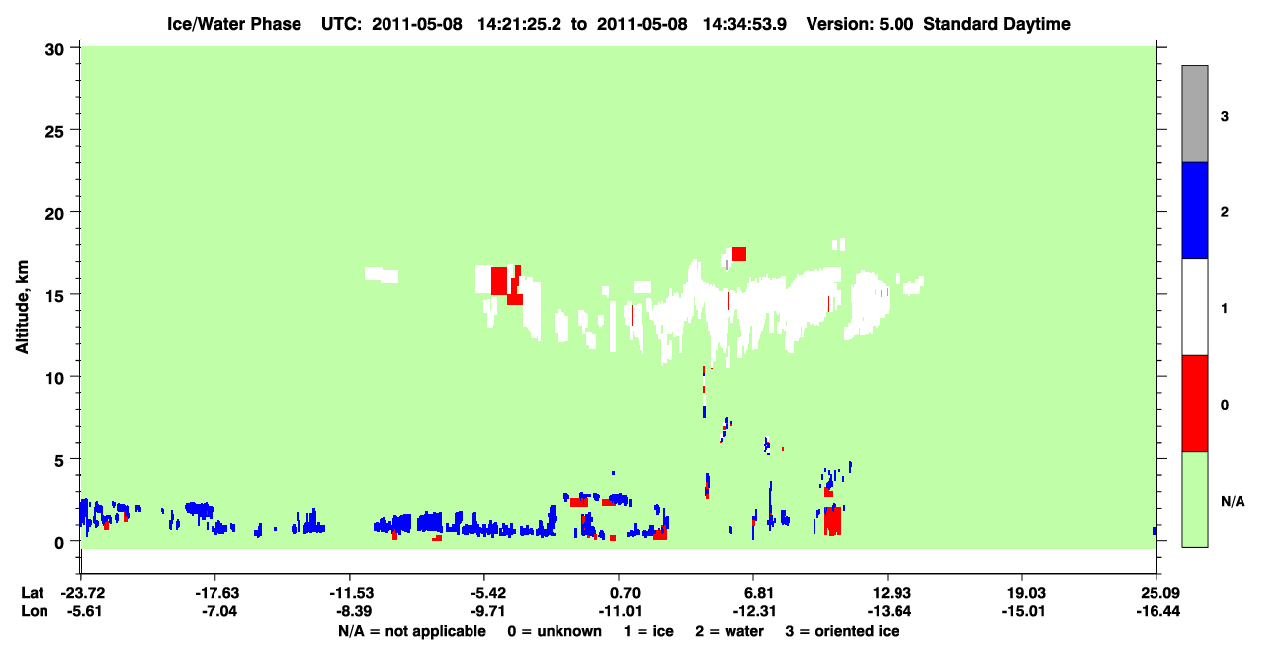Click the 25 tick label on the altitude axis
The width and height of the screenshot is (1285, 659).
(54, 132)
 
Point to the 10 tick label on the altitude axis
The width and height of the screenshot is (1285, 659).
(55, 379)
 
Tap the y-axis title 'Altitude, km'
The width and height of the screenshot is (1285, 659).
(22, 306)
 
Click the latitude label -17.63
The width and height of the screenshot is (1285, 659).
(216, 593)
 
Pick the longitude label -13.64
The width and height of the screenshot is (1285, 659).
(890, 611)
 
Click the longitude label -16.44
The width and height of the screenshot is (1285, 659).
(1158, 611)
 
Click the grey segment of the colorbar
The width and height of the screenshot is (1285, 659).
(1194, 114)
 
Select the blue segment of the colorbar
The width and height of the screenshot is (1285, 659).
(1194, 209)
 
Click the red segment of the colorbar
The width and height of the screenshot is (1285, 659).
(1194, 403)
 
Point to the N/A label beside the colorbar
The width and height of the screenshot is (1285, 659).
(1233, 502)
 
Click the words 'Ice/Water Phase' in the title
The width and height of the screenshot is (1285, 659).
(234, 24)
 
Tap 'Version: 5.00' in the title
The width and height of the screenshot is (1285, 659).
(859, 24)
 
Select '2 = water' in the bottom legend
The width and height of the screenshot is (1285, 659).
(729, 631)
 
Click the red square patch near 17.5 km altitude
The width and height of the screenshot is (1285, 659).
(739, 254)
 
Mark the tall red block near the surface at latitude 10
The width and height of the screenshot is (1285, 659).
(832, 521)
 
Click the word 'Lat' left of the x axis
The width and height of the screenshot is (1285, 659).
(32, 593)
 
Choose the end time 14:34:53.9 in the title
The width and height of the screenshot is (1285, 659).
(744, 24)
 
